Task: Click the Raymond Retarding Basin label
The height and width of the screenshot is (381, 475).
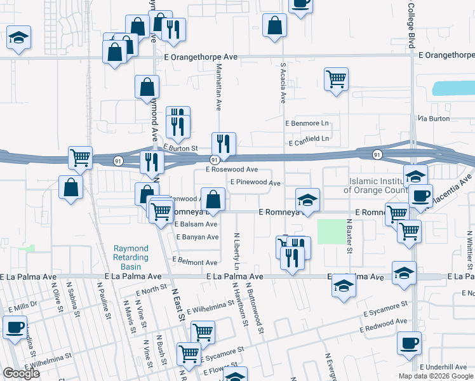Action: point(131,257)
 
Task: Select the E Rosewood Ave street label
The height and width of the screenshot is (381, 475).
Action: point(231,170)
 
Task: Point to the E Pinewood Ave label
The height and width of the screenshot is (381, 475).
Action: point(255,182)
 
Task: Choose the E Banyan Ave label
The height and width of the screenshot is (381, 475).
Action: point(197,237)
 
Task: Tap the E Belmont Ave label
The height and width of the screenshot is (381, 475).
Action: point(197,262)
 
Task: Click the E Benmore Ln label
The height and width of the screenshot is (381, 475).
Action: point(308,123)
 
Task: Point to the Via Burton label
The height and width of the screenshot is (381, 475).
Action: point(434,118)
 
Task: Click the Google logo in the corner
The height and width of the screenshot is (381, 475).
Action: point(21,373)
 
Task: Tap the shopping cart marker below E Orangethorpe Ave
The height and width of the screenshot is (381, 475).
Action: point(336,79)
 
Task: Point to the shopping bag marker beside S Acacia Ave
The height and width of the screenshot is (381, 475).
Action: point(274,26)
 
